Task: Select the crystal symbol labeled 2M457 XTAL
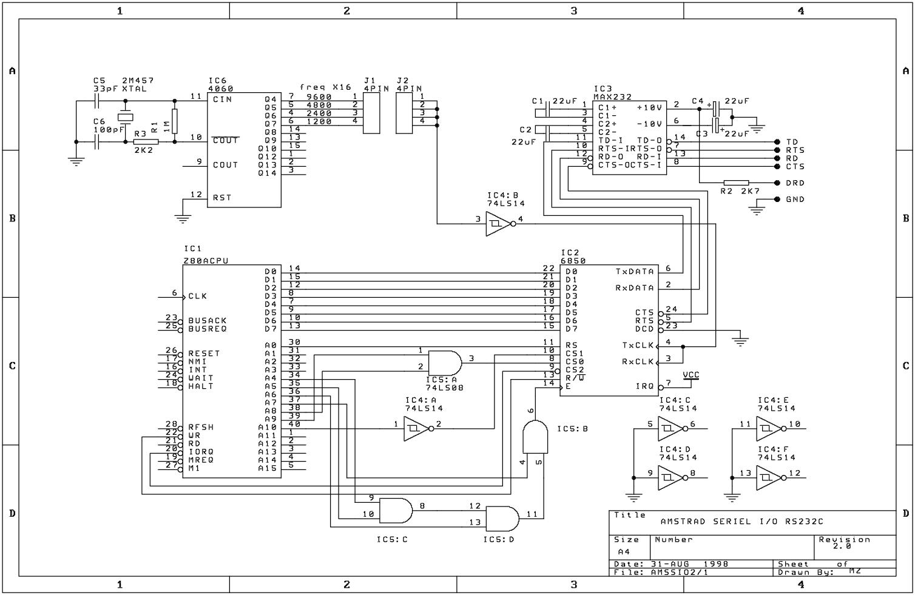point(126,117)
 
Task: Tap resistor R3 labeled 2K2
point(146,142)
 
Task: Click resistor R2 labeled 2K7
point(736,183)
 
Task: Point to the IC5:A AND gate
point(445,363)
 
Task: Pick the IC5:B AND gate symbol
point(535,437)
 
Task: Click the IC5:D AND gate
point(502,519)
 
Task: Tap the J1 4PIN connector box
point(371,113)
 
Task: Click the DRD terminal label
point(795,183)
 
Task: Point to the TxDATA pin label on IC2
point(635,272)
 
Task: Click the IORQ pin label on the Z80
point(201,452)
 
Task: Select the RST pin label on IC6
point(222,198)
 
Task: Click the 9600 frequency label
point(319,97)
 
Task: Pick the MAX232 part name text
point(612,97)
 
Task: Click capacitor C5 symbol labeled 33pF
point(97,101)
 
